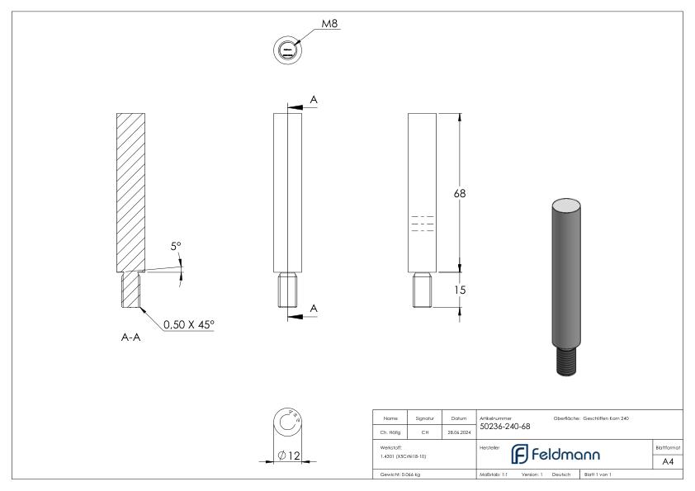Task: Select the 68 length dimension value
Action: pos(460,193)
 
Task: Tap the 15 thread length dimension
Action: pos(460,290)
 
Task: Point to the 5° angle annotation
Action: pos(175,246)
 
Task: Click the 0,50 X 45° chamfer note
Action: pos(187,326)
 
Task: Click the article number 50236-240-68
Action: pos(504,427)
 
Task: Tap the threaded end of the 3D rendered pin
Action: pos(566,361)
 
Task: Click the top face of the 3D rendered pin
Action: pos(566,204)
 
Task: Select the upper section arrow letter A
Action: pos(313,100)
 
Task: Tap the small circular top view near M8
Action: pos(286,50)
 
